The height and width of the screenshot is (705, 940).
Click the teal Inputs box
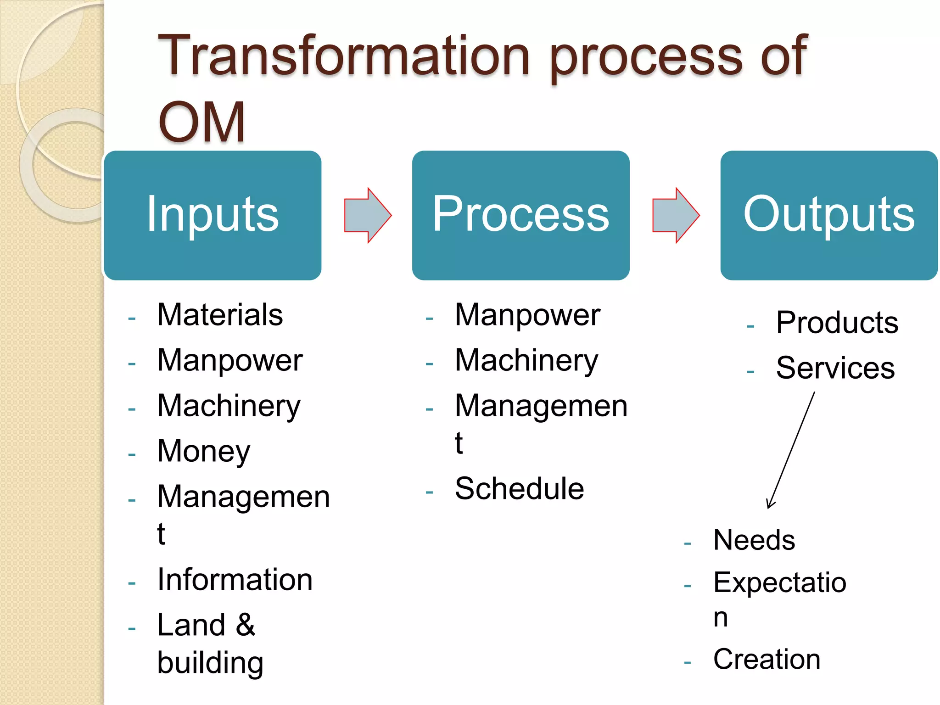point(213,215)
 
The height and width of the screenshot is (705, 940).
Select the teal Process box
point(520,215)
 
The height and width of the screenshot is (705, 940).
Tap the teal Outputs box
point(828,215)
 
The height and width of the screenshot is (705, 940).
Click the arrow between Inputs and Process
point(368,215)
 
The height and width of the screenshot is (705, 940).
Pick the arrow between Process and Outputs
point(676,215)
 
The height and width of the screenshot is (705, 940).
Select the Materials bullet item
point(220,315)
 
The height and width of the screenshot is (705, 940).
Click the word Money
point(203,451)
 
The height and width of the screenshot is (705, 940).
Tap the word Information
point(235,580)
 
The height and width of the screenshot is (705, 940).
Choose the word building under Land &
point(210,662)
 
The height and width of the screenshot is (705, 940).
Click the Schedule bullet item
point(519,488)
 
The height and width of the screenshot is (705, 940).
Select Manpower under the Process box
point(527,315)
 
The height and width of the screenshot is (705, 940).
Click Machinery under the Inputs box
point(229,406)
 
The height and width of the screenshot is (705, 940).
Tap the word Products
point(837,322)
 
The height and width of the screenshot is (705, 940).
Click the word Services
point(835,368)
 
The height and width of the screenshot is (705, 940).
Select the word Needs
point(754,540)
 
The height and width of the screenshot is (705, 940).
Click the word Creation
point(767,659)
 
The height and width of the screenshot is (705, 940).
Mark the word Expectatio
point(779,582)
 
